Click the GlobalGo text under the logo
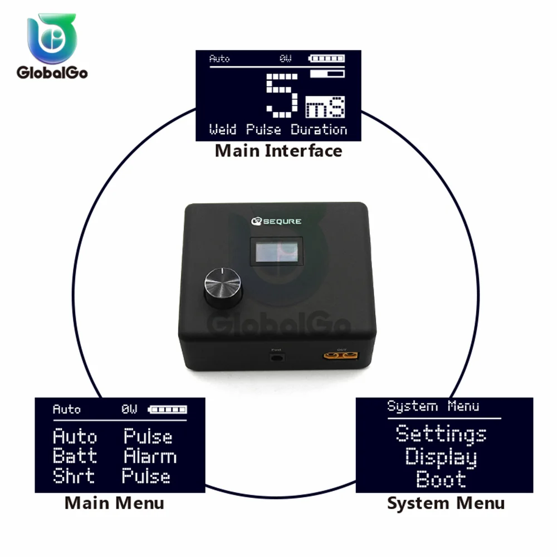(x=52, y=72)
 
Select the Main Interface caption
(x=278, y=150)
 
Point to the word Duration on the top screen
(x=319, y=130)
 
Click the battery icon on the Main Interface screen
(x=328, y=58)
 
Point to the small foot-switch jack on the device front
(x=276, y=356)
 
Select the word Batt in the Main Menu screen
(x=75, y=456)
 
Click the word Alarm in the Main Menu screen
(x=150, y=456)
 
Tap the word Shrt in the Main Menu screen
(x=74, y=476)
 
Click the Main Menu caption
(x=114, y=503)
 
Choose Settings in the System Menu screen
(x=441, y=433)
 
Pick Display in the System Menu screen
(x=441, y=457)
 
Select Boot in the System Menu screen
(x=441, y=479)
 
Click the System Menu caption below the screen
(x=446, y=503)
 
